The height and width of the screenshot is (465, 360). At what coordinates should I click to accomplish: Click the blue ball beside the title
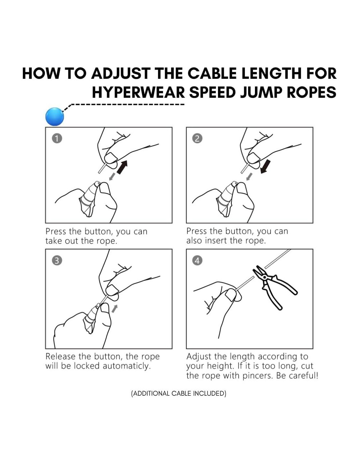click(55, 116)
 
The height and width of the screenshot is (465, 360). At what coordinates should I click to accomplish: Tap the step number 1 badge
click(57, 139)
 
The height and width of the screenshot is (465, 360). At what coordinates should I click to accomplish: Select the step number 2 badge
click(197, 139)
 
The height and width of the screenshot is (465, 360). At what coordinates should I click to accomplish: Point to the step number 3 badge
click(57, 261)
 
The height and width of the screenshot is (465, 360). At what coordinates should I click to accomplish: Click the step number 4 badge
click(197, 261)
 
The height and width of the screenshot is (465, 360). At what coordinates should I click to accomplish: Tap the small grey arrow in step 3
click(115, 309)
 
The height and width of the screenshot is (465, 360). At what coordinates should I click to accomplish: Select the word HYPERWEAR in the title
click(138, 92)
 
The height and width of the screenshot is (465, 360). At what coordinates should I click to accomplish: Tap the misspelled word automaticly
click(127, 366)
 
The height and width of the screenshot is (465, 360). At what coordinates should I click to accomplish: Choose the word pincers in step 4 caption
click(257, 375)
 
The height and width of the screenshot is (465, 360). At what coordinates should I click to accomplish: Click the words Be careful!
click(297, 375)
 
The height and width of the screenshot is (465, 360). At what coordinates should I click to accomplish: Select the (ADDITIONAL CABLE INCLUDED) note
click(179, 393)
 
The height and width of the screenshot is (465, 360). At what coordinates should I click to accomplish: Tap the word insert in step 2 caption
click(216, 241)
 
